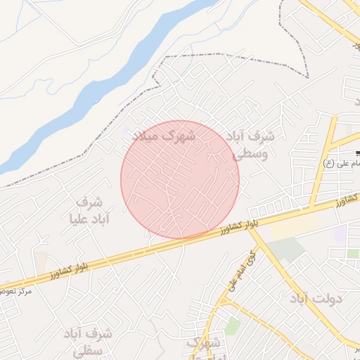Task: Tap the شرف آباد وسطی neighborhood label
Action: [251, 143]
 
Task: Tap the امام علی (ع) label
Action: [342, 164]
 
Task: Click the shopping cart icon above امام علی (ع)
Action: [358, 153]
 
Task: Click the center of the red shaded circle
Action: [180, 179]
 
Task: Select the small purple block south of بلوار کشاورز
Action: [340, 234]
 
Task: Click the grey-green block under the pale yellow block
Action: [286, 250]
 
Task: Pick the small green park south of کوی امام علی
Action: [232, 326]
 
